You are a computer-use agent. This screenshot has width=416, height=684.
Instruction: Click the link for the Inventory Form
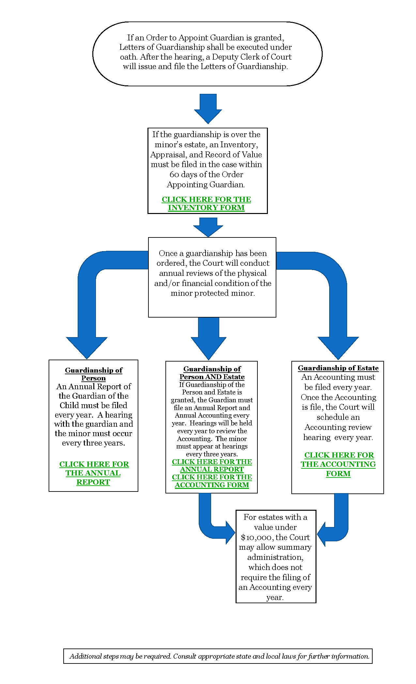point(206,204)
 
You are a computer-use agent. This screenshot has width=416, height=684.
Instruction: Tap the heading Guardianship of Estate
point(338,368)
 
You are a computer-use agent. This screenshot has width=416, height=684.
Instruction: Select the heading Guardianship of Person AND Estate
point(212,373)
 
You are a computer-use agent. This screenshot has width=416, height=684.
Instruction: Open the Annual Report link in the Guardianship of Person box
point(94,473)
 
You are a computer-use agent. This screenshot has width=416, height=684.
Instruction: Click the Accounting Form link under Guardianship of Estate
point(338,464)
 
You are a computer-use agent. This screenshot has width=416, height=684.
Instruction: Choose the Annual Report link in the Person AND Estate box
point(212,466)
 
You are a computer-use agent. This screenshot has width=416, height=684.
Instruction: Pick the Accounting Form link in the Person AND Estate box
point(212,481)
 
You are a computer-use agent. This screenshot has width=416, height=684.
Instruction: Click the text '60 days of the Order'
point(206,175)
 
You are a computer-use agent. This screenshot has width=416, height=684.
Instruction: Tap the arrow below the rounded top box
point(208,109)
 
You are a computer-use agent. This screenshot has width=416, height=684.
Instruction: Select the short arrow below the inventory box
point(208,227)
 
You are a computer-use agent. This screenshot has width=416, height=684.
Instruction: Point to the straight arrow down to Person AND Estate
point(208,339)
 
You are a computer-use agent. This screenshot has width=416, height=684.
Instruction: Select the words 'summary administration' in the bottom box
point(275,552)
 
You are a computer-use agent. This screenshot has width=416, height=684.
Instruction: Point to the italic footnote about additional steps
point(219,656)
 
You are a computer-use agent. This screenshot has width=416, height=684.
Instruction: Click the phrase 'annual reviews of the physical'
point(213,273)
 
